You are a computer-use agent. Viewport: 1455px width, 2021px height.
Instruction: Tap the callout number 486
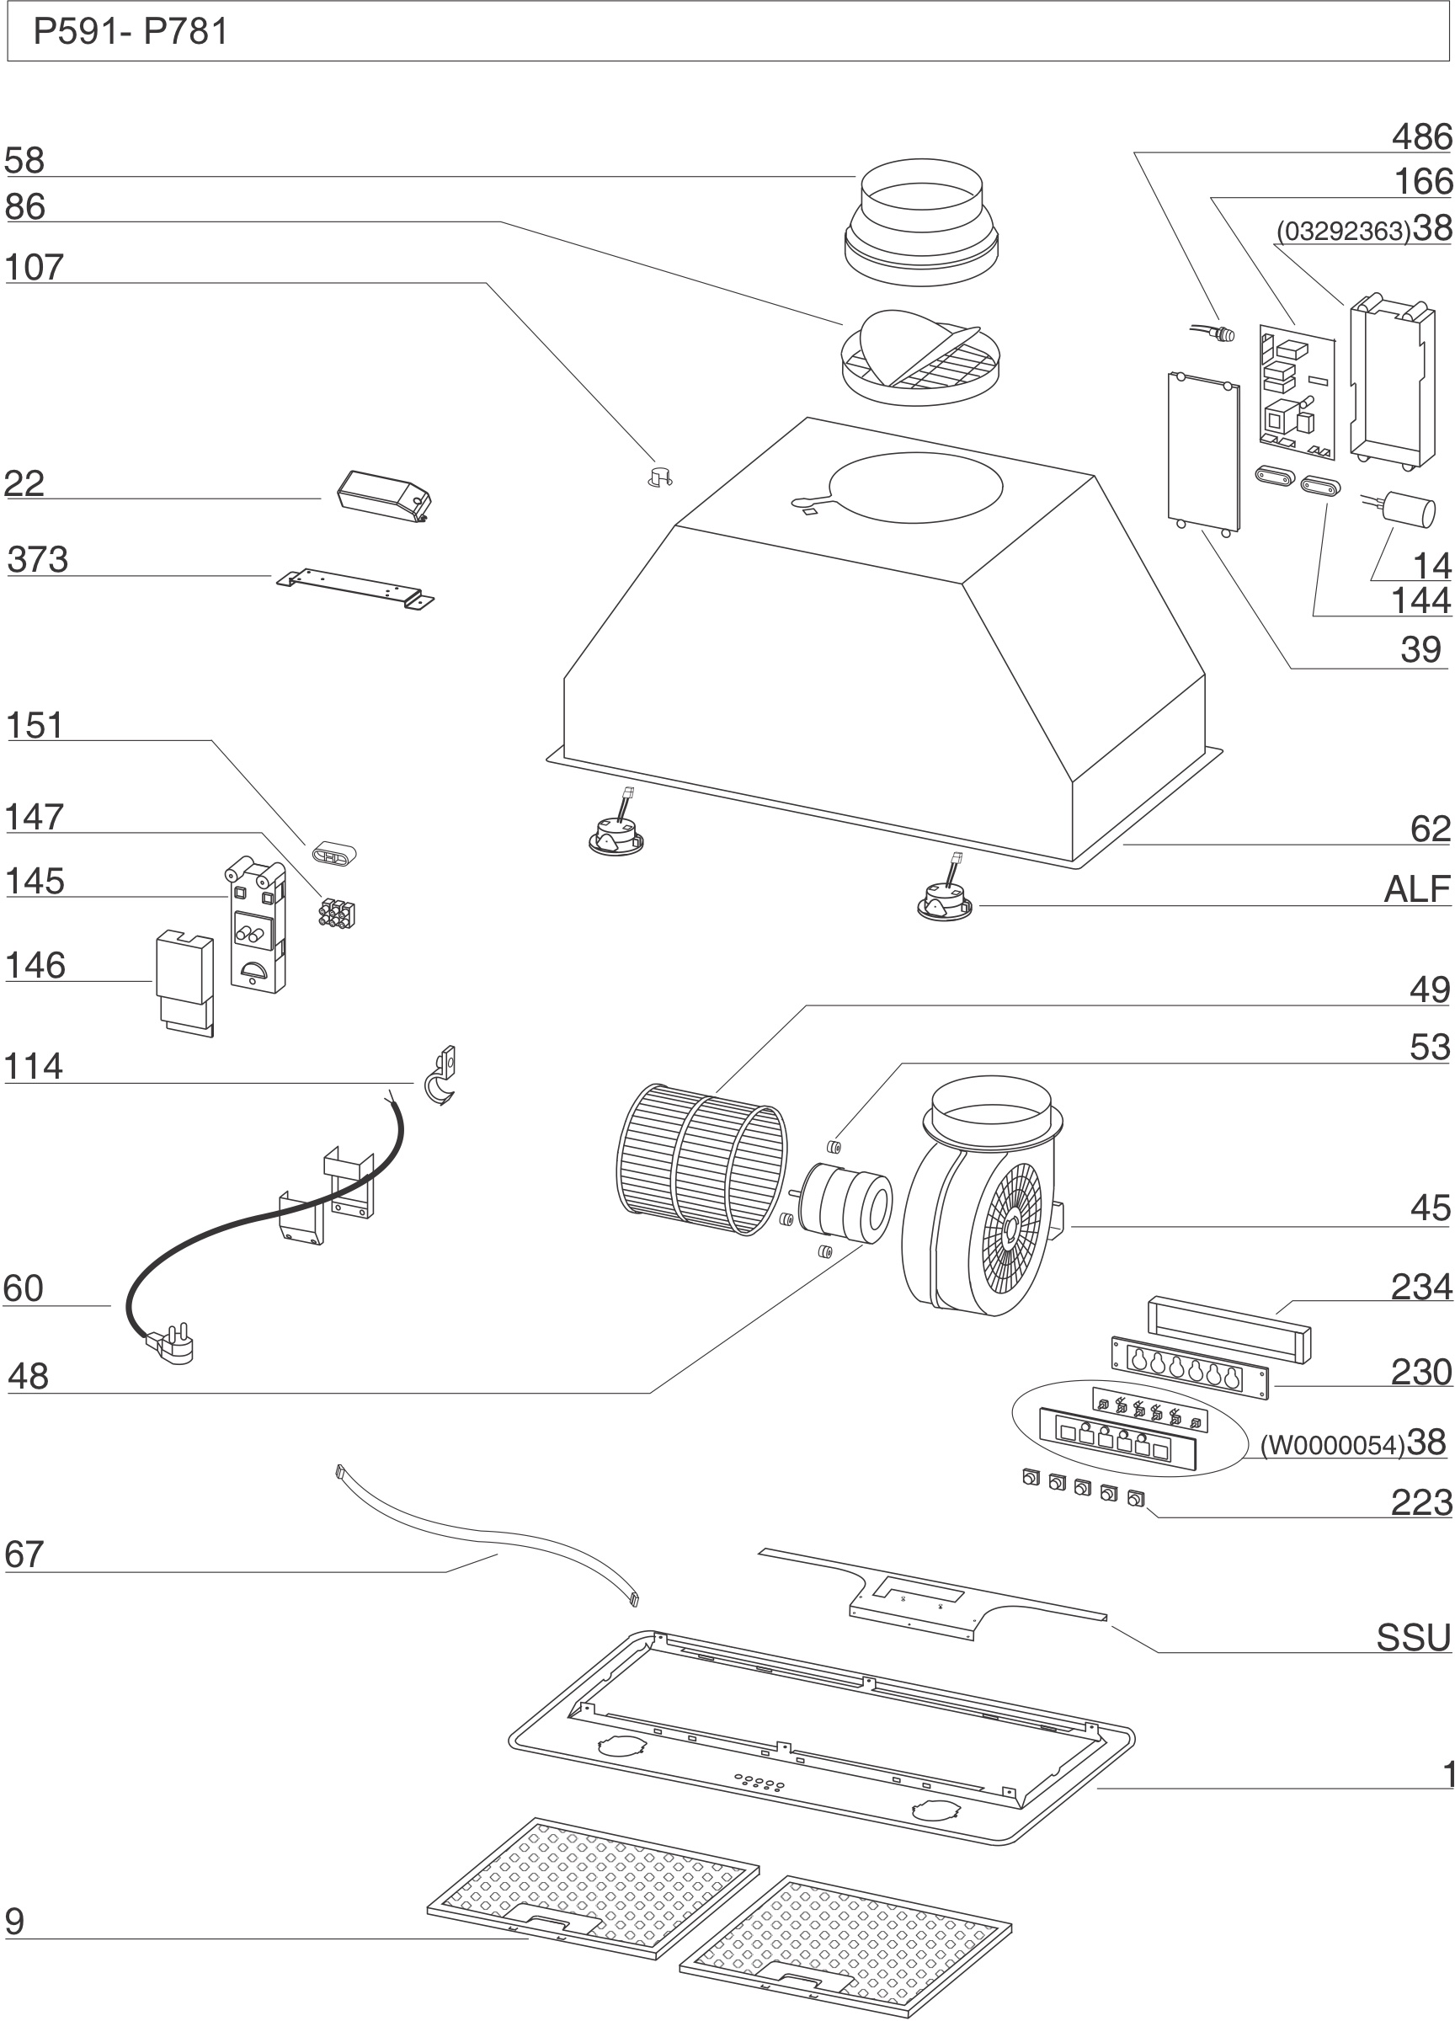[x=1422, y=137]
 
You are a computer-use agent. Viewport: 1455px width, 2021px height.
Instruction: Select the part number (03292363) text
[x=1343, y=232]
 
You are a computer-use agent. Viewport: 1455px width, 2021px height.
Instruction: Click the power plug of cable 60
[x=171, y=1346]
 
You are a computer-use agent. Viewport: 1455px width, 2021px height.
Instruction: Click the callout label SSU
[x=1414, y=1639]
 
